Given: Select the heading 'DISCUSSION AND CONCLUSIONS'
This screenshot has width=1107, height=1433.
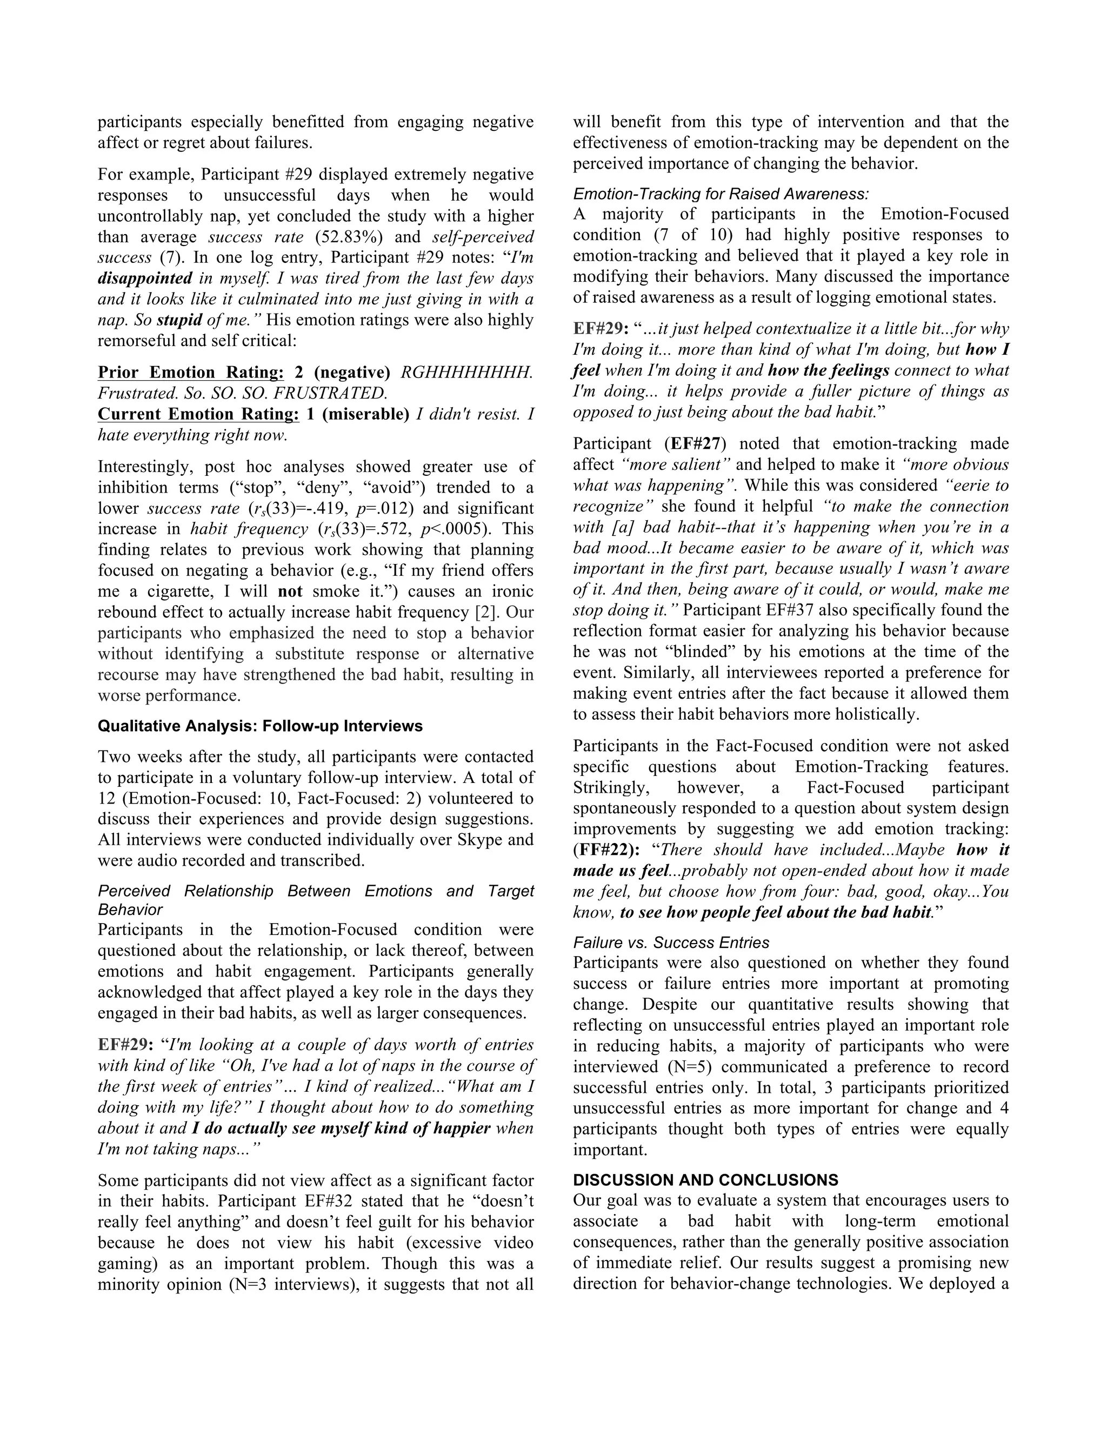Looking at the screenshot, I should click(x=705, y=1180).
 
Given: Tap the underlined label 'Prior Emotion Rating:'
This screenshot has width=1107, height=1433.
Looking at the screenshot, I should click(x=190, y=373).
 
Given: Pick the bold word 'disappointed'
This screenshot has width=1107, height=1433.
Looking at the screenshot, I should click(x=144, y=278).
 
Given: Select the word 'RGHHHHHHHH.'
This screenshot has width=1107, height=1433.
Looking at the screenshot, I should click(x=466, y=373).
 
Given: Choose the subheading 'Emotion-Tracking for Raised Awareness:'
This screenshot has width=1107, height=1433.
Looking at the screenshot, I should click(x=721, y=194).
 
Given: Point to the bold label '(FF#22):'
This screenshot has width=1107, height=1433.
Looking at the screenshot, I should click(x=606, y=850).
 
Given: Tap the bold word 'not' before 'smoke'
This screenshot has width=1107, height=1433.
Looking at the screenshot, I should click(x=290, y=591).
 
